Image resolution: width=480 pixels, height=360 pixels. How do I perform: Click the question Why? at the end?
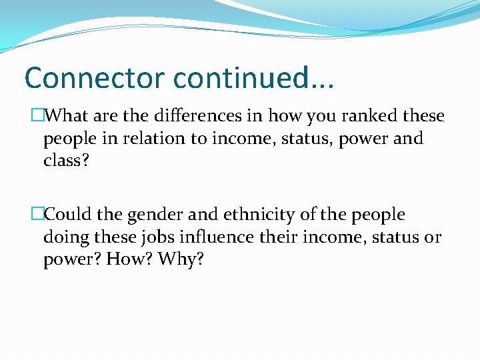point(181,260)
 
